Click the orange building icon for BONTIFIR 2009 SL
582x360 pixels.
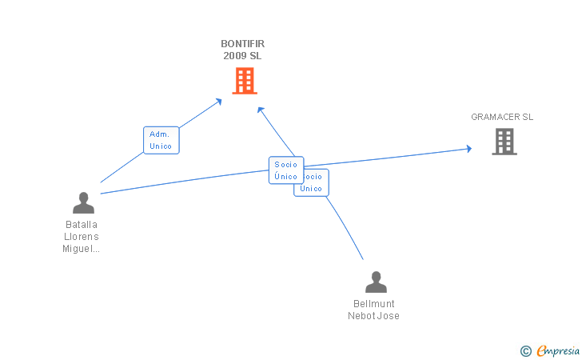245,80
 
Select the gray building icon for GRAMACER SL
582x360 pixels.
504,142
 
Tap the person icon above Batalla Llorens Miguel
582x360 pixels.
83,203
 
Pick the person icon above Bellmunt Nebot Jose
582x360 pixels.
375,282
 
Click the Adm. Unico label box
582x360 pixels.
161,140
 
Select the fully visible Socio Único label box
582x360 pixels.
285,170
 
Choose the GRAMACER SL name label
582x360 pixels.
502,117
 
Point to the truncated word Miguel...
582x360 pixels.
82,249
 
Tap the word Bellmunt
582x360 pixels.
374,304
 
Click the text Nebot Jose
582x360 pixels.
373,316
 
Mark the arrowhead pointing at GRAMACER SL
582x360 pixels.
468,148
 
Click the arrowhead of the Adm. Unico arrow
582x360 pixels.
219,101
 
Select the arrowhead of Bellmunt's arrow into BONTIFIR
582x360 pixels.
259,110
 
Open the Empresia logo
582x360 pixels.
558,350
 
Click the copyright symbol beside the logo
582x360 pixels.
525,350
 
